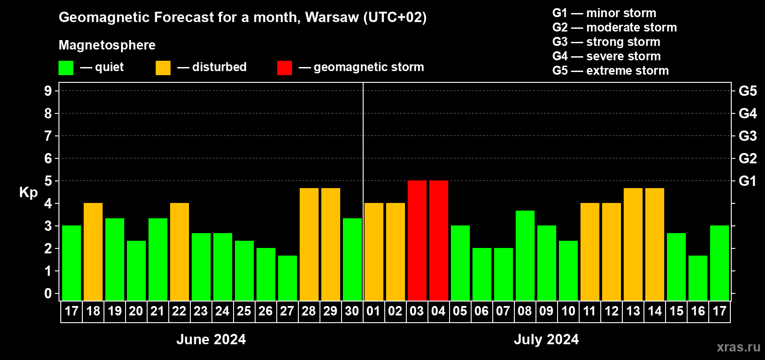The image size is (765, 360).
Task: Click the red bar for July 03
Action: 417,240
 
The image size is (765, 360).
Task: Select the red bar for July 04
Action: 438,240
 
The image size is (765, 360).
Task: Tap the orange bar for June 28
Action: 309,244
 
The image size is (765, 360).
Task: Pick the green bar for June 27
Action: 287,278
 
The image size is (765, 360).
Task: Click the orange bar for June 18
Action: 93,252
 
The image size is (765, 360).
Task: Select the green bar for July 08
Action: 525,255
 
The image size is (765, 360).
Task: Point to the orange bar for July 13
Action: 633,244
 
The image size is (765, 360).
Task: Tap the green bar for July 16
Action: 697,278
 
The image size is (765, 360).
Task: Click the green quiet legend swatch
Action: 66,68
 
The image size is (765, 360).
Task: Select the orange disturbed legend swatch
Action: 163,68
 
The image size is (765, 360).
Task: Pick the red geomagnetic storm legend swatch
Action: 284,68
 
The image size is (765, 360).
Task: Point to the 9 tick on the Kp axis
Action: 48,91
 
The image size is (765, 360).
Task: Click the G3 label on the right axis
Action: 747,136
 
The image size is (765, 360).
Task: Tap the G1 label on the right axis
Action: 747,181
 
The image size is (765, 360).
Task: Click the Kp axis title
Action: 28,192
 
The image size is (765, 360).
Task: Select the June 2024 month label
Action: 211,339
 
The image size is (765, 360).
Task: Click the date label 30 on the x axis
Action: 352,311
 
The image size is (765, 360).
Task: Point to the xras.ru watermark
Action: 738,347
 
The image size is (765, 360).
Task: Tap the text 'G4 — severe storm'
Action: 606,56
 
